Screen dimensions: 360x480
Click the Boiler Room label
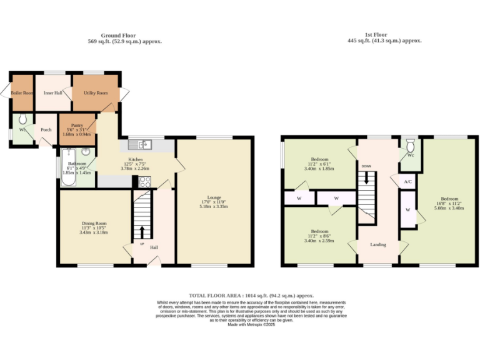pyautogui.click(x=22, y=93)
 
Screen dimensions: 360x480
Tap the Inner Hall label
pyautogui.click(x=52, y=93)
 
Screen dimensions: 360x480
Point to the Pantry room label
pyautogui.click(x=76, y=125)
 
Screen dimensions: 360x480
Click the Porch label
pyautogui.click(x=46, y=130)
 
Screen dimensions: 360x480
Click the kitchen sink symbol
pyautogui.click(x=145, y=145)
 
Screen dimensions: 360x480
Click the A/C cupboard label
pyautogui.click(x=407, y=181)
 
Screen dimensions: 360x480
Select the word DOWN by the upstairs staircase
pyautogui.click(x=366, y=166)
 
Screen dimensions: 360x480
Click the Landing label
pyautogui.click(x=377, y=244)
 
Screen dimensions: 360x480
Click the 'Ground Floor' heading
pyautogui.click(x=119, y=36)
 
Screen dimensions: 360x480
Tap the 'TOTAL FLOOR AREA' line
pyautogui.click(x=251, y=296)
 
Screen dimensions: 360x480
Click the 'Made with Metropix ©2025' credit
pyautogui.click(x=251, y=324)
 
